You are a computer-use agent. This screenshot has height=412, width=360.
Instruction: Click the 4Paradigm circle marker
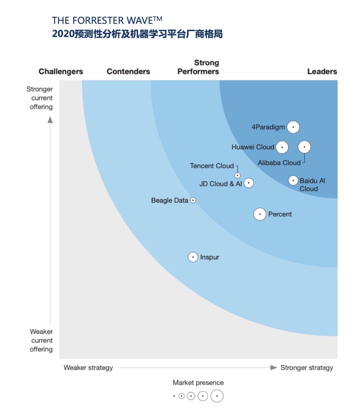point(293,127)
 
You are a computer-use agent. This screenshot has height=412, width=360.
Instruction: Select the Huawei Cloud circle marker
point(282,147)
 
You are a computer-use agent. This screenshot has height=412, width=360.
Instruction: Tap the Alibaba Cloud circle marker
point(304,147)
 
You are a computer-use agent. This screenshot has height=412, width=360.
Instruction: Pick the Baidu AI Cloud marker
point(293,180)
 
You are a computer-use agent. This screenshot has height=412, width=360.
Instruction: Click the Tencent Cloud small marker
point(237,175)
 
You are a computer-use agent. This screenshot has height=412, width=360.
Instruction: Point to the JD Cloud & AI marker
point(249,183)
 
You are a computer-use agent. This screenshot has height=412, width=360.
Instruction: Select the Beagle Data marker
point(193,200)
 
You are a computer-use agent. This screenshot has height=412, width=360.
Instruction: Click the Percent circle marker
point(260,214)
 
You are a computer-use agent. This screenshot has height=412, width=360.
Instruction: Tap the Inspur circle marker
point(193,257)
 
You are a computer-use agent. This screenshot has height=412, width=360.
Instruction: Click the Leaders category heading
point(322,72)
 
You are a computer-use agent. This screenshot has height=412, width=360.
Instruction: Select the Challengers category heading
point(61,72)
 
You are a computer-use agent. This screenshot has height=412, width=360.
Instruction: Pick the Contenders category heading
point(128,72)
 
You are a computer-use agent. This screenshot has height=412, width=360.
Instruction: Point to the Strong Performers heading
point(198,67)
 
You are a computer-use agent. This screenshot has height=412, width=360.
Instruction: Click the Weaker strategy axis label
point(88,368)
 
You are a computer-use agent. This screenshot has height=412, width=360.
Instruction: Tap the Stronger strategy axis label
point(307,368)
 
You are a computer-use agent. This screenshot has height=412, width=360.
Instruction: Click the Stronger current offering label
point(40,98)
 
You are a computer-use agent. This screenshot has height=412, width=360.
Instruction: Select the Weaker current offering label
point(41,340)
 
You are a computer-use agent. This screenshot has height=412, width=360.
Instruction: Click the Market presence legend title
point(198,383)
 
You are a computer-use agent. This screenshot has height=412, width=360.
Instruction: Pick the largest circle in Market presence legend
point(217,396)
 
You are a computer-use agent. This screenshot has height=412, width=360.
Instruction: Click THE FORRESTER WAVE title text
point(107,20)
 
